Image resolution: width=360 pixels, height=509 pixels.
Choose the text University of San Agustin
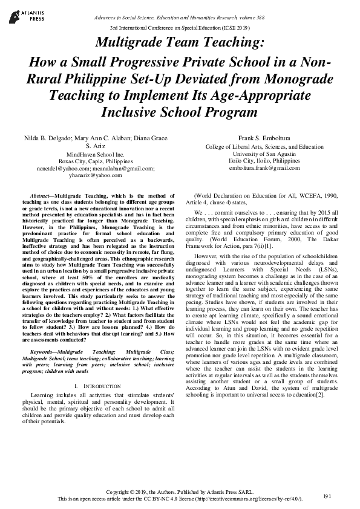(x=264, y=154)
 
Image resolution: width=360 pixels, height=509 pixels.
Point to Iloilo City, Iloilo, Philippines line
(x=264, y=162)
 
